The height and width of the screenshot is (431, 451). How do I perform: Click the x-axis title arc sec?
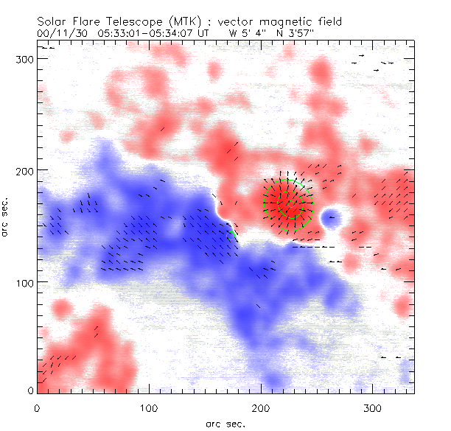point(225,423)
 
